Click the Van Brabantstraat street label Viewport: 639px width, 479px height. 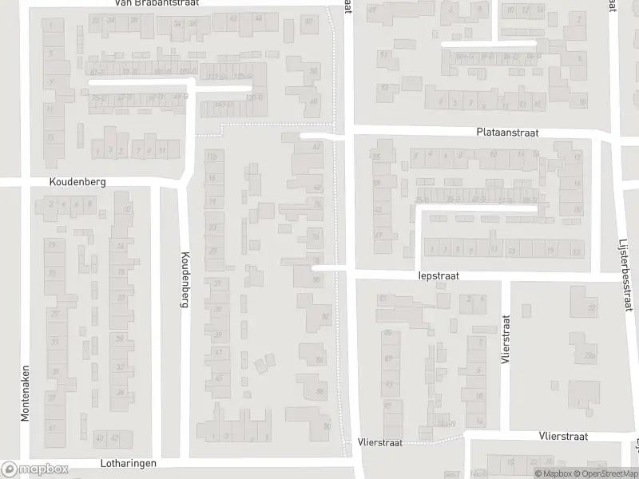click(x=156, y=3)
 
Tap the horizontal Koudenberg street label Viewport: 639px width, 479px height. click(x=77, y=181)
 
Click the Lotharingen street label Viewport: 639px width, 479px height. click(x=129, y=463)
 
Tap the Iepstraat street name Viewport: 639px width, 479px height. click(x=439, y=275)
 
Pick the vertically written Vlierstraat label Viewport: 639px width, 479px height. click(x=505, y=338)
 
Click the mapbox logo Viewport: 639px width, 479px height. click(x=34, y=469)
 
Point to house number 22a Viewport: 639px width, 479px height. click(x=590, y=355)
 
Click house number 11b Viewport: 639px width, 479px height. click(x=212, y=157)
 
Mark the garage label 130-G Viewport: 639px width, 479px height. click(x=256, y=97)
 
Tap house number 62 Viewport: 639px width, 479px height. click(x=316, y=147)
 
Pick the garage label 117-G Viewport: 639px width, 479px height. click(x=210, y=77)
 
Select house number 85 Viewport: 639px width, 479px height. click(x=388, y=332)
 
